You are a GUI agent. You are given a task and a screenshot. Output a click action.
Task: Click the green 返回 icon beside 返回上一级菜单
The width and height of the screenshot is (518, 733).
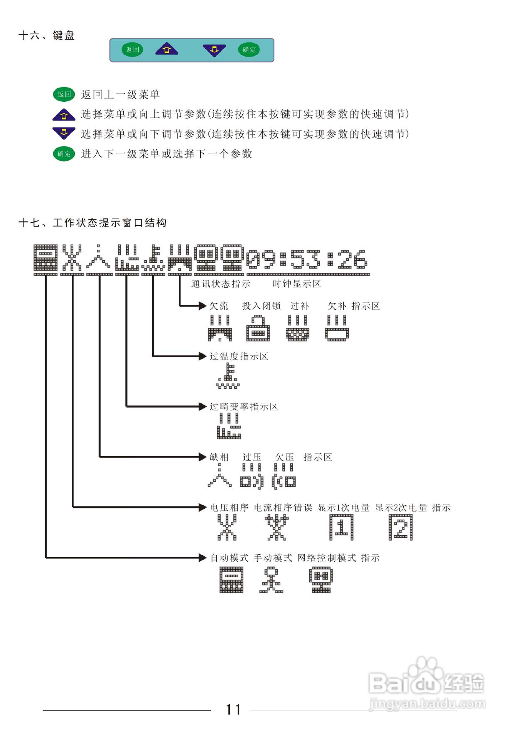pos(64,94)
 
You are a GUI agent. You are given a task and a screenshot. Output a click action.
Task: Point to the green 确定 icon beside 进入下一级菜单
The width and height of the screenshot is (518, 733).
pos(64,154)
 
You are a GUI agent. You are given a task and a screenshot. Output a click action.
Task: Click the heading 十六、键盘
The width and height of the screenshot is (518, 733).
pos(47,35)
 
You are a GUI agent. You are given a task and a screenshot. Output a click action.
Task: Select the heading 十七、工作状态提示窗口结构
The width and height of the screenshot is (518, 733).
pos(92,222)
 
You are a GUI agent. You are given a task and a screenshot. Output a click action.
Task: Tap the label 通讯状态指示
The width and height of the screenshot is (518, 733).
pos(221,284)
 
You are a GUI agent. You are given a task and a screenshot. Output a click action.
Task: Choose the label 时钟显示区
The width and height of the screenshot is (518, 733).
pos(297,284)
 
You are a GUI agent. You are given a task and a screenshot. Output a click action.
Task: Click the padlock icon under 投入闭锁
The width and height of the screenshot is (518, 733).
pos(258,328)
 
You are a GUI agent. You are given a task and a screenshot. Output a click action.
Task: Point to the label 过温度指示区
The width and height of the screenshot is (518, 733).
pos(239,356)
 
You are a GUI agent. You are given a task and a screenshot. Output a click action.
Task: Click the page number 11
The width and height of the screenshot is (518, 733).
pos(233,709)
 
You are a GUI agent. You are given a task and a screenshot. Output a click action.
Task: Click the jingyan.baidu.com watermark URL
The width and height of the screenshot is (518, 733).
pos(427,704)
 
